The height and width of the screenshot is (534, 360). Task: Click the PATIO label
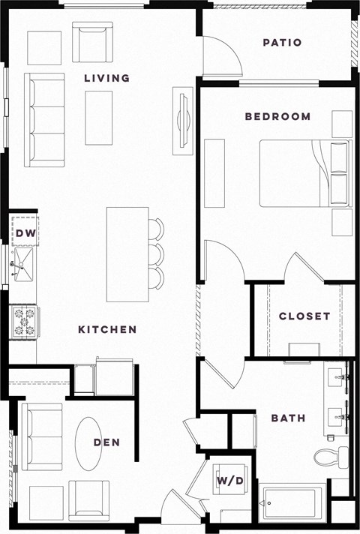click(282, 43)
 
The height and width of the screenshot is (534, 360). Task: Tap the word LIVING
click(106, 78)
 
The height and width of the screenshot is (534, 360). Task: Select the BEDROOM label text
click(277, 116)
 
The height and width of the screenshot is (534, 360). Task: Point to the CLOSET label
click(304, 316)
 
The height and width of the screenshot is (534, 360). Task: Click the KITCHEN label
click(108, 329)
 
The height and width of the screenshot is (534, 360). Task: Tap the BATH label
click(288, 418)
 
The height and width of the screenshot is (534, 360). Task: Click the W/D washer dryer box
click(229, 480)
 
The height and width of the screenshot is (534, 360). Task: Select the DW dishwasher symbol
click(25, 232)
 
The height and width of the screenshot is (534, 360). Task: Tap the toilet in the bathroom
click(331, 456)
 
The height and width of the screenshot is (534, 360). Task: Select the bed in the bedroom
click(304, 173)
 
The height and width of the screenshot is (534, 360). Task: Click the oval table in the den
click(88, 444)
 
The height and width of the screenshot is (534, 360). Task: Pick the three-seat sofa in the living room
click(44, 119)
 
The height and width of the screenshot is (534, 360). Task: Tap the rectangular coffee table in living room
click(98, 117)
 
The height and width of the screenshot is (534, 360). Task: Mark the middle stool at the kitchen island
click(156, 253)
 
